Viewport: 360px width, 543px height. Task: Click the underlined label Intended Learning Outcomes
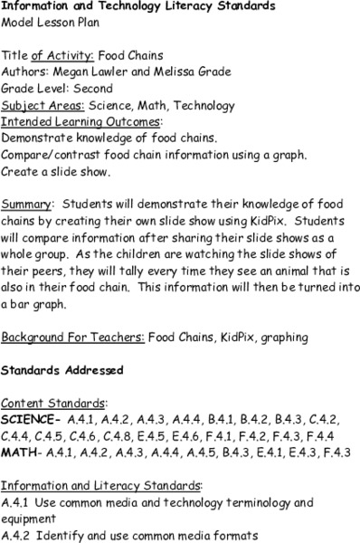tap(69, 121)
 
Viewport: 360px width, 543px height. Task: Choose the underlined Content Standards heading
tap(55, 402)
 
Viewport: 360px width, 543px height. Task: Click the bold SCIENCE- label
tap(31, 419)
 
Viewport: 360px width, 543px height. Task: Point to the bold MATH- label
tap(21, 451)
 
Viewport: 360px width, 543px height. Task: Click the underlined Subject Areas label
tap(40, 105)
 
